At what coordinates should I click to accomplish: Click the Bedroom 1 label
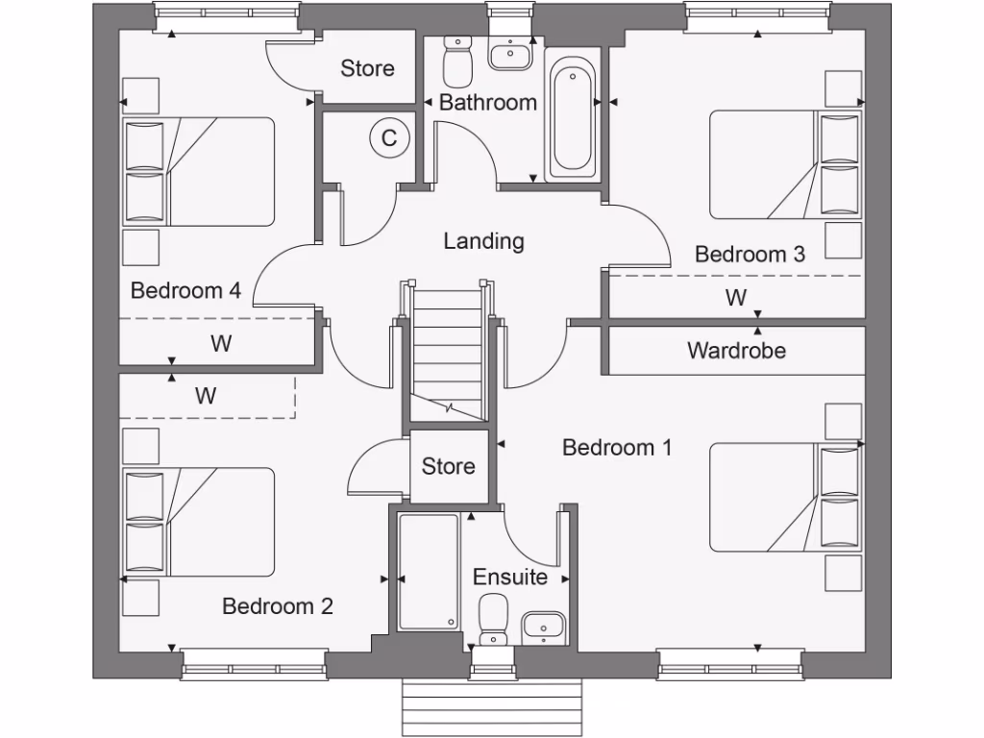point(616,448)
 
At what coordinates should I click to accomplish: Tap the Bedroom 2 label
point(277,606)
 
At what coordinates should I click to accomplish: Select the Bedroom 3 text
point(750,255)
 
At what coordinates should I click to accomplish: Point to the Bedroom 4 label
point(185,290)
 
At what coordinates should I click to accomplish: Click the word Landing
point(483,241)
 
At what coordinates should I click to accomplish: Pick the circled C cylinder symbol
point(389,138)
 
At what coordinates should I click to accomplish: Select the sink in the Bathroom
point(510,56)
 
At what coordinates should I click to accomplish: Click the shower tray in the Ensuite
point(429,573)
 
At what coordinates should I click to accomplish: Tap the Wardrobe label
point(736,351)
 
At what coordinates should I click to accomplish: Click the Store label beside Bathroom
point(367,68)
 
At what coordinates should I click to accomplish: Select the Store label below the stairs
point(449,467)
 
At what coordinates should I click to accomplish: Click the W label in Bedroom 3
point(736,298)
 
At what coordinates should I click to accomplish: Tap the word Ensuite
point(510,578)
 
